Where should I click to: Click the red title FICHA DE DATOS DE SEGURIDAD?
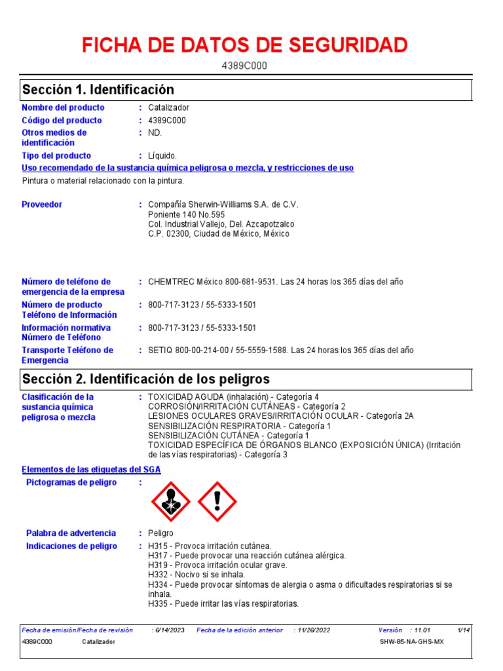[244, 45]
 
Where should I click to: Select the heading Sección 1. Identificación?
[98, 89]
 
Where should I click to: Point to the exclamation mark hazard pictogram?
[217, 501]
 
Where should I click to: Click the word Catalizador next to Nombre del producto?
[169, 107]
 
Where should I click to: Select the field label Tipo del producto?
[56, 156]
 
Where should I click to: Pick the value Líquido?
[162, 156]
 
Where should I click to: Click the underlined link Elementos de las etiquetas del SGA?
[91, 470]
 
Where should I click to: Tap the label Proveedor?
[42, 204]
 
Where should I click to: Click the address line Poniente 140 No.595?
[187, 214]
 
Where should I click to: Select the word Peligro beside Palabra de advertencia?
[161, 533]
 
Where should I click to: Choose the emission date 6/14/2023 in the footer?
[170, 630]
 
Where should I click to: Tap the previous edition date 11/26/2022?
[314, 630]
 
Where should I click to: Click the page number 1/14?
[464, 630]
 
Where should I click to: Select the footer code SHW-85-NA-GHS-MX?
[411, 642]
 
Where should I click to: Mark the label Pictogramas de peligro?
[71, 483]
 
